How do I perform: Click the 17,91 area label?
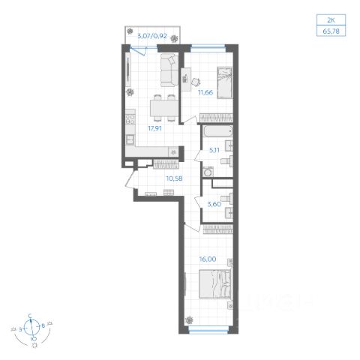(155, 128)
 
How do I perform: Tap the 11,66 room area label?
(205, 92)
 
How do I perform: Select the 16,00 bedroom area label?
(208, 259)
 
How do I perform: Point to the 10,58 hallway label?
(174, 178)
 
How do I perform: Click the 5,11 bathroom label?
(214, 150)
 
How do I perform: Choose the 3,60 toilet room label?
(214, 204)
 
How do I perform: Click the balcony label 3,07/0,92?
(152, 36)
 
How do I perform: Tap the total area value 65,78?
(331, 31)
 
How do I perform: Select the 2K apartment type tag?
(331, 20)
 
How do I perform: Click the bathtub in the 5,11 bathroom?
(217, 131)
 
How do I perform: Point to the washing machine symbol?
(208, 172)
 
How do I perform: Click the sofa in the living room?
(169, 70)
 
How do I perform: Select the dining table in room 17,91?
(164, 108)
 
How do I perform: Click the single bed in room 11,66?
(225, 82)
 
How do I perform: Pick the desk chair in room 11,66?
(196, 82)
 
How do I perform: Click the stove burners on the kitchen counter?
(130, 119)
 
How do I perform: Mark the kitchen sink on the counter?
(130, 139)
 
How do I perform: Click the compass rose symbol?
(31, 328)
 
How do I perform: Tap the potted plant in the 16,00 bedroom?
(190, 319)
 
